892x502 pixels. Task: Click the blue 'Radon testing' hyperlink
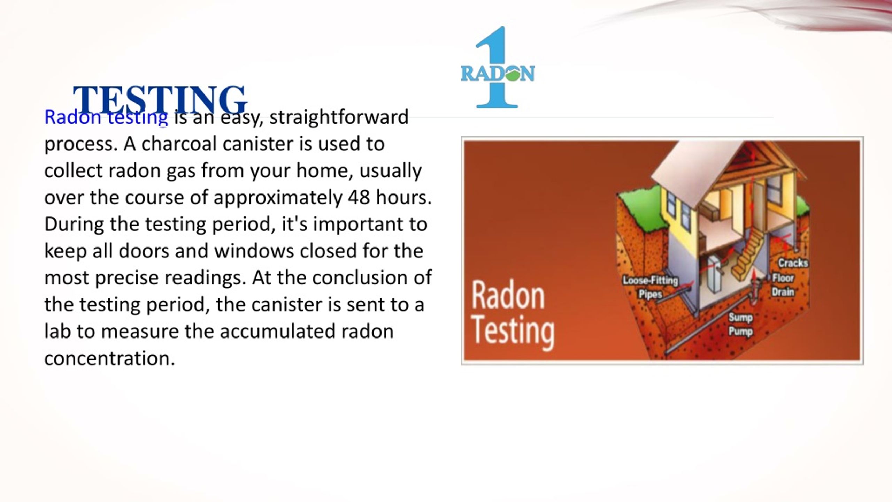106,117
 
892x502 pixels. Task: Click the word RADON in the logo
498,74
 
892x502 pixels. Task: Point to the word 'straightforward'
339,117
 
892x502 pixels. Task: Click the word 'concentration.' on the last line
110,358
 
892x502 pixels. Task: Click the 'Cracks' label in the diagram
793,263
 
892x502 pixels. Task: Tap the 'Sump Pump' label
740,325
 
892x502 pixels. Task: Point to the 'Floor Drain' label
783,285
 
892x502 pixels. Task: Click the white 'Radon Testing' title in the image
513,316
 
